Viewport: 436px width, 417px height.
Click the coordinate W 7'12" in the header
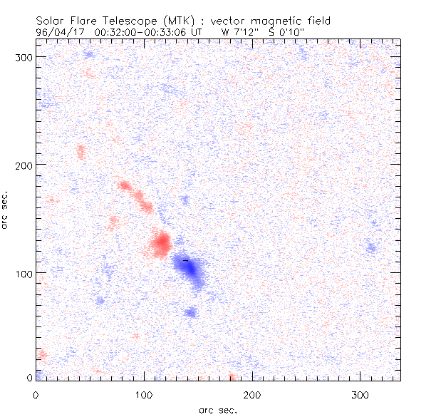tap(237, 31)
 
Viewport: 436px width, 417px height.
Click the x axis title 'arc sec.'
tap(218, 410)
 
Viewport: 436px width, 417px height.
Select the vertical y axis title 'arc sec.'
tap(6, 210)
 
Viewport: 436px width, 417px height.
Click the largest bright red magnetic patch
tap(161, 244)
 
